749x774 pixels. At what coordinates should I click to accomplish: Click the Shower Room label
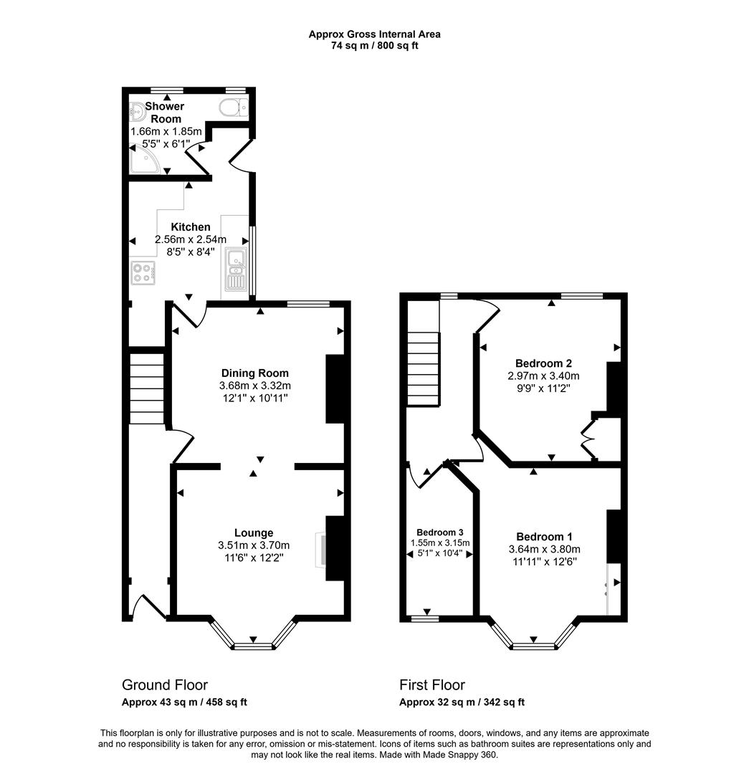(165, 113)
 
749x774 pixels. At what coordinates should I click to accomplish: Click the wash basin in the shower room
(138, 111)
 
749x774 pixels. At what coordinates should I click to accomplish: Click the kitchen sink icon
(234, 269)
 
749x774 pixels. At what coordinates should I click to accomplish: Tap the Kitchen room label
(191, 227)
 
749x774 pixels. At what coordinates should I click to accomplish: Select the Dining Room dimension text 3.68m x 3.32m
(255, 386)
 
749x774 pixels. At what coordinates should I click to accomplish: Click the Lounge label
(254, 532)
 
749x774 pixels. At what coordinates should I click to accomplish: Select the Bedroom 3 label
(440, 532)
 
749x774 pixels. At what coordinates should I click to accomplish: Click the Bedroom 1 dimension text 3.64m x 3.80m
(544, 550)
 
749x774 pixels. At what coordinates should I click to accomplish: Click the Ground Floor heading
(165, 685)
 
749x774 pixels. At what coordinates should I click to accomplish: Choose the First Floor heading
(432, 685)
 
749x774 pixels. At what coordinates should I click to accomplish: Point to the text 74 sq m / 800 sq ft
(374, 46)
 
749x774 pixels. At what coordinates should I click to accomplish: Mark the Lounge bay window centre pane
(254, 646)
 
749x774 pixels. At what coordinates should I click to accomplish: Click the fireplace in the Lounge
(320, 549)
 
